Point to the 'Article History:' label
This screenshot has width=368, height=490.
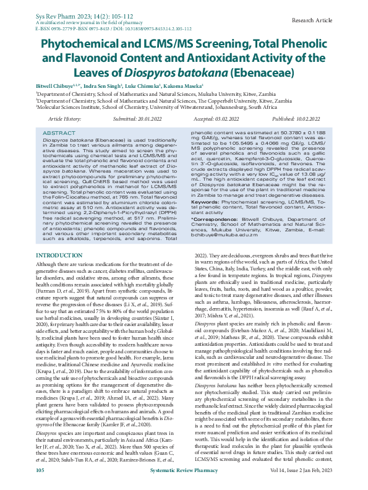pos(64,118)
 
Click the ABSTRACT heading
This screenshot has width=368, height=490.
pos(60,133)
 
